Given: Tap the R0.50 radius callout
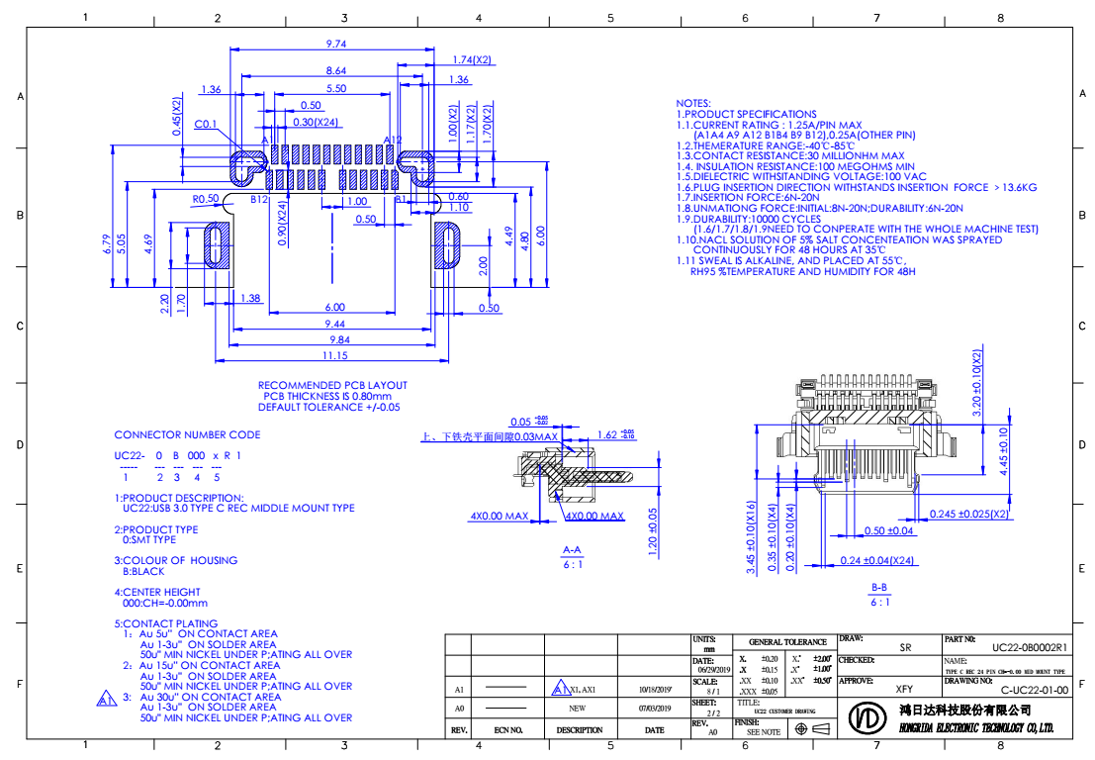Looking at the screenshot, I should point(206,198).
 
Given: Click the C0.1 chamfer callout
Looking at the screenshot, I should point(206,125).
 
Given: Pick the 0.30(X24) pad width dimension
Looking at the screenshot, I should point(318,122).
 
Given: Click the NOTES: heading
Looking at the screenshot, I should point(692,103).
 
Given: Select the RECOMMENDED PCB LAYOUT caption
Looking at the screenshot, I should point(332,385).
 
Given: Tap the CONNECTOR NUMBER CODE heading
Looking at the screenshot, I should point(188,434).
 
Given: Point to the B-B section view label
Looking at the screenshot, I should point(879,588).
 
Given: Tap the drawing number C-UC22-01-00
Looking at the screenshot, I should point(1033,691).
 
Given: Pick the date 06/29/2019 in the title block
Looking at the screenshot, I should point(710,669).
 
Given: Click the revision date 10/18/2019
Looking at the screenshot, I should point(655,688).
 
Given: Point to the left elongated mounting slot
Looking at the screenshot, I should point(214,245).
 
